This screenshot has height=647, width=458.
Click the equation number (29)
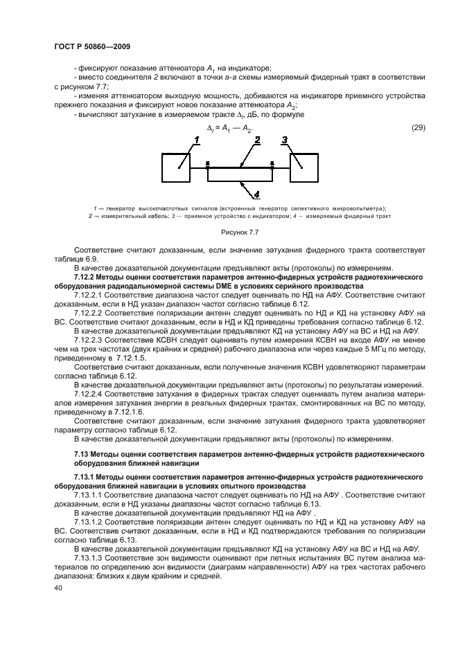(418, 127)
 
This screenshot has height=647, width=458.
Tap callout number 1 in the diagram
(196, 140)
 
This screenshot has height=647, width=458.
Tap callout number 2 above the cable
(257, 140)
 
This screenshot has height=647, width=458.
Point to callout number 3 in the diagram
(283, 140)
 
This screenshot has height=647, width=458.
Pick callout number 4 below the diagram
(256, 194)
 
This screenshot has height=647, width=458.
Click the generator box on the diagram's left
(176, 167)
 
